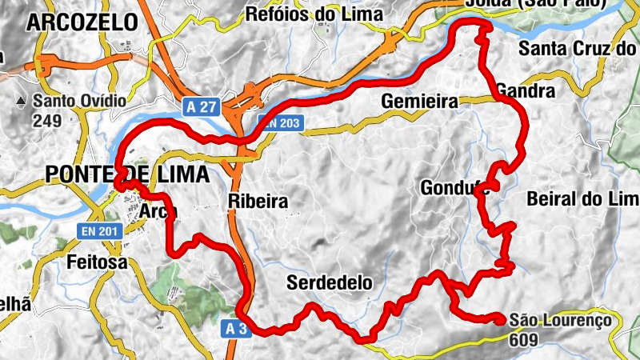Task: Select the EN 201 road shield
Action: tap(99, 230)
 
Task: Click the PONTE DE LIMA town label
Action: tap(128, 174)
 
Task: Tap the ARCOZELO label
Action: tap(82, 23)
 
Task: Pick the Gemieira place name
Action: tap(419, 102)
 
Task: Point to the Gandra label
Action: tap(526, 90)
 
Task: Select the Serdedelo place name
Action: tap(330, 282)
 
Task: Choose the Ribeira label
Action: tap(257, 201)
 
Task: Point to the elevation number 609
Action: tap(524, 339)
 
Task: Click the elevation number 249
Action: tap(46, 122)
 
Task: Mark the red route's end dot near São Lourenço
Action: tap(501, 319)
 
